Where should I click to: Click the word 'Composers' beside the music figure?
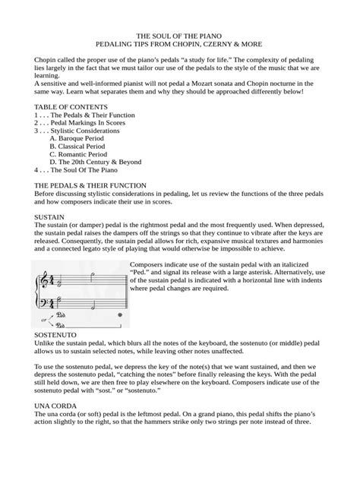tap(149, 264)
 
